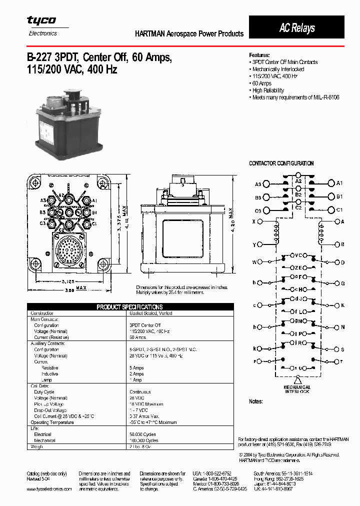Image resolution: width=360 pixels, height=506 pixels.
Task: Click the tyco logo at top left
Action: (x=41, y=21)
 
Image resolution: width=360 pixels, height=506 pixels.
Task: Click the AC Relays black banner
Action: (x=297, y=27)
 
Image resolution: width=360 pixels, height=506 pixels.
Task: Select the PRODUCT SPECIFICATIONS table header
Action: (x=129, y=306)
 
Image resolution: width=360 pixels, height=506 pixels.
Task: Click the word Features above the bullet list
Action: (x=259, y=55)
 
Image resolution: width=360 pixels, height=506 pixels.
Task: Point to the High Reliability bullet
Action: (x=268, y=90)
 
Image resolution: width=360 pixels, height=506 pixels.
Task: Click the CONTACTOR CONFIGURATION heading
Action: (x=281, y=163)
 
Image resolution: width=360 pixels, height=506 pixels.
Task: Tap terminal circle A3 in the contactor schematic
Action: (x=266, y=184)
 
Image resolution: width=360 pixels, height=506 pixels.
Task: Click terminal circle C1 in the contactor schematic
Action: (x=330, y=210)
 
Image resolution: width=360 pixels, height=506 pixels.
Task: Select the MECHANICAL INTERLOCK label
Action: (x=297, y=389)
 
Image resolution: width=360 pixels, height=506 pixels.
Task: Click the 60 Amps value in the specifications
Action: (x=138, y=337)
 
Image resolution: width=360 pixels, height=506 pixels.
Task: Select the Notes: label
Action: (x=256, y=401)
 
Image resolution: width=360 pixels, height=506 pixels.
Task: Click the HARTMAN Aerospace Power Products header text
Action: (x=189, y=34)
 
